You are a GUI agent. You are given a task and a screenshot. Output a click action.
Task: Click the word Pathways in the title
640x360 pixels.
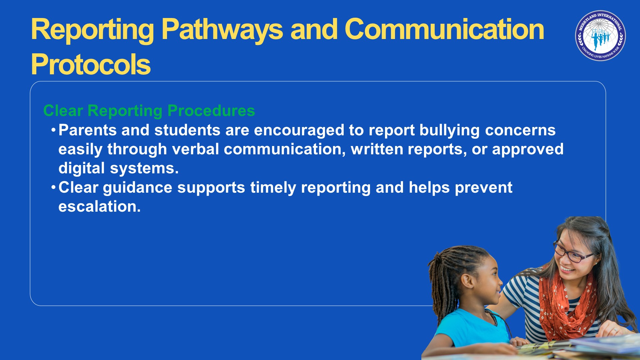click(222, 30)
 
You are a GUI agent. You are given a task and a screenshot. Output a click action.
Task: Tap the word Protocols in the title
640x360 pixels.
click(91, 64)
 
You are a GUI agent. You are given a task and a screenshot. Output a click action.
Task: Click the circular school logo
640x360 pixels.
click(600, 36)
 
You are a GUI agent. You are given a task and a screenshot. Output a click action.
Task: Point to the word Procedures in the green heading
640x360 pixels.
click(211, 111)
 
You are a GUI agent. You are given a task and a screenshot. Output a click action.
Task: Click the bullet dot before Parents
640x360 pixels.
click(53, 130)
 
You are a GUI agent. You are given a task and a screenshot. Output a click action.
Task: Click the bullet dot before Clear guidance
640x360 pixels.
click(53, 187)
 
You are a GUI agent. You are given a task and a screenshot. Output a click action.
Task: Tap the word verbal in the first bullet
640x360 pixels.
click(195, 149)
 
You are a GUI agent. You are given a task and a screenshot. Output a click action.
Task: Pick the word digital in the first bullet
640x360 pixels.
click(82, 168)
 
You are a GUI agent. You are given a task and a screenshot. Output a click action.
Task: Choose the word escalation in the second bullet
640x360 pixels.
click(100, 207)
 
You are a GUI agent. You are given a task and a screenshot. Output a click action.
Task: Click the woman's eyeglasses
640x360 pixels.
click(572, 252)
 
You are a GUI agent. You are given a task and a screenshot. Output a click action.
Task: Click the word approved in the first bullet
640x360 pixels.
click(528, 150)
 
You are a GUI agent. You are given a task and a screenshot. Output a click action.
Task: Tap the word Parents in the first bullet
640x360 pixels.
click(88, 130)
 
